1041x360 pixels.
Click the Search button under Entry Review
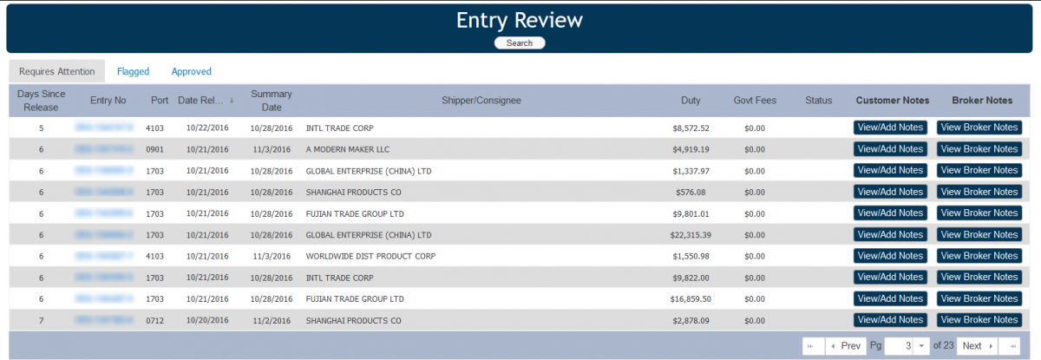click(x=520, y=43)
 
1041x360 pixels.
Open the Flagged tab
click(x=133, y=71)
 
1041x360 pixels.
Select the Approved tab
click(x=191, y=71)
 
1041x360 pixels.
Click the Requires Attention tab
click(x=56, y=71)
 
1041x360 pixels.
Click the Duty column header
click(x=691, y=101)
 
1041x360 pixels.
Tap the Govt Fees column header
click(x=755, y=101)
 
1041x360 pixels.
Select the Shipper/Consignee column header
click(x=481, y=101)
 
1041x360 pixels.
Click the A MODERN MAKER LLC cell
click(x=347, y=149)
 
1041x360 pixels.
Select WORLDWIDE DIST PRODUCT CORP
click(x=370, y=256)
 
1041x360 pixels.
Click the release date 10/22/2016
click(x=207, y=128)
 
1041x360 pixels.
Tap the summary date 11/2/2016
click(x=272, y=321)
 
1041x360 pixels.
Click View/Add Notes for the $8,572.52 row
click(x=890, y=128)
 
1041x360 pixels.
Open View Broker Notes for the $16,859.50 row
click(x=979, y=298)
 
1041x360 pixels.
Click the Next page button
click(x=976, y=346)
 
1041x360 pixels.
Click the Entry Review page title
click(x=520, y=20)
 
